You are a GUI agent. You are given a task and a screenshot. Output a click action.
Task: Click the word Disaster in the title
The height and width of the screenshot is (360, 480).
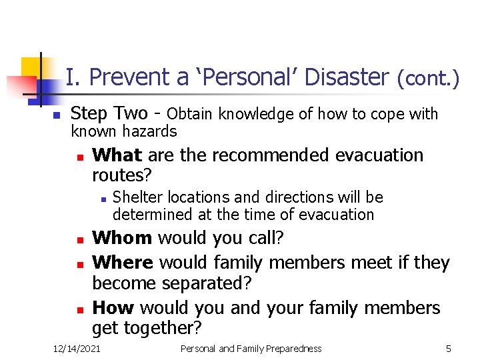346,78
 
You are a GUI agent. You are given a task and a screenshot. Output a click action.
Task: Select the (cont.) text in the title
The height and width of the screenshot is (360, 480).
428,79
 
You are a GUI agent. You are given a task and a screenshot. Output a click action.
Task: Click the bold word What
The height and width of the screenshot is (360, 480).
117,155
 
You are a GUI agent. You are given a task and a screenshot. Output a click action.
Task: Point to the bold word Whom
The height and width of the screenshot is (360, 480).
122,238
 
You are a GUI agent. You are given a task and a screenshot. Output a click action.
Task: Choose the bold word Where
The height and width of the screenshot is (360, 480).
123,263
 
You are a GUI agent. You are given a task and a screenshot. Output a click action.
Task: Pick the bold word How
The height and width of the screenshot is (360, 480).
114,308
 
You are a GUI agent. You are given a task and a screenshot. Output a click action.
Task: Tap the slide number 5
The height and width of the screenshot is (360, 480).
449,349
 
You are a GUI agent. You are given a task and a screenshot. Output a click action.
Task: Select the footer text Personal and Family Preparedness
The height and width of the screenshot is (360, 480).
251,349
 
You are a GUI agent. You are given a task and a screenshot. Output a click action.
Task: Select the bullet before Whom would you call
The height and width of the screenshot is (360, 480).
79,239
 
